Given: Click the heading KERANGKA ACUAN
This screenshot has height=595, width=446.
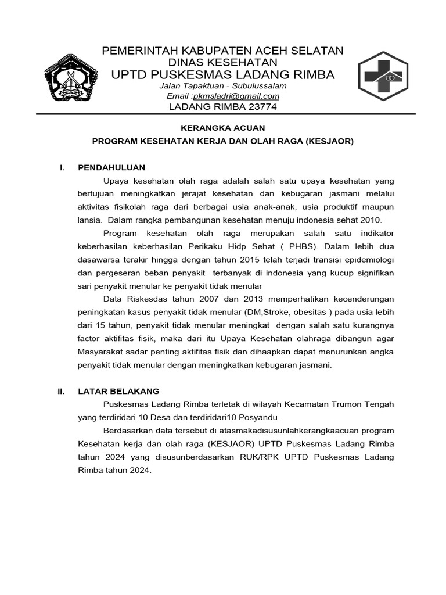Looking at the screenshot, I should [222, 128].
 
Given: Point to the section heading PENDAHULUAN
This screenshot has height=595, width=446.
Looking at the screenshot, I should [111, 167].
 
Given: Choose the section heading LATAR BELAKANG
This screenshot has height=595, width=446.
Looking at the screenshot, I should [118, 391].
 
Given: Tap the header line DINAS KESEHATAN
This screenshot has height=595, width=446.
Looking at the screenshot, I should [222, 62].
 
